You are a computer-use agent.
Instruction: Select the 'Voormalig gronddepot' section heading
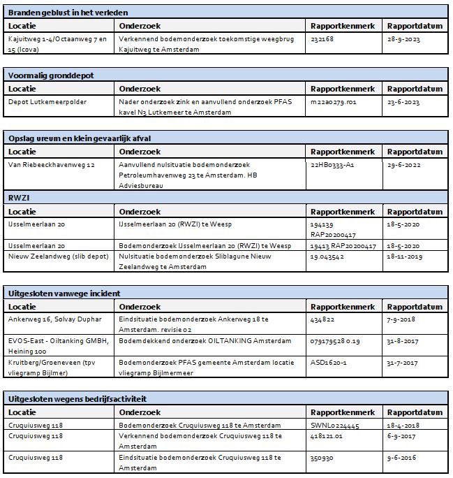pos(50,75)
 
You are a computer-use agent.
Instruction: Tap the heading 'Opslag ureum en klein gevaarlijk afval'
pos(80,138)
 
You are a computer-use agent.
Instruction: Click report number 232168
pos(322,40)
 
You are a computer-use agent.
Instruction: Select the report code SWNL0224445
pos(335,425)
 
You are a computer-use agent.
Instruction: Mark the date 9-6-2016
pos(403,458)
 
